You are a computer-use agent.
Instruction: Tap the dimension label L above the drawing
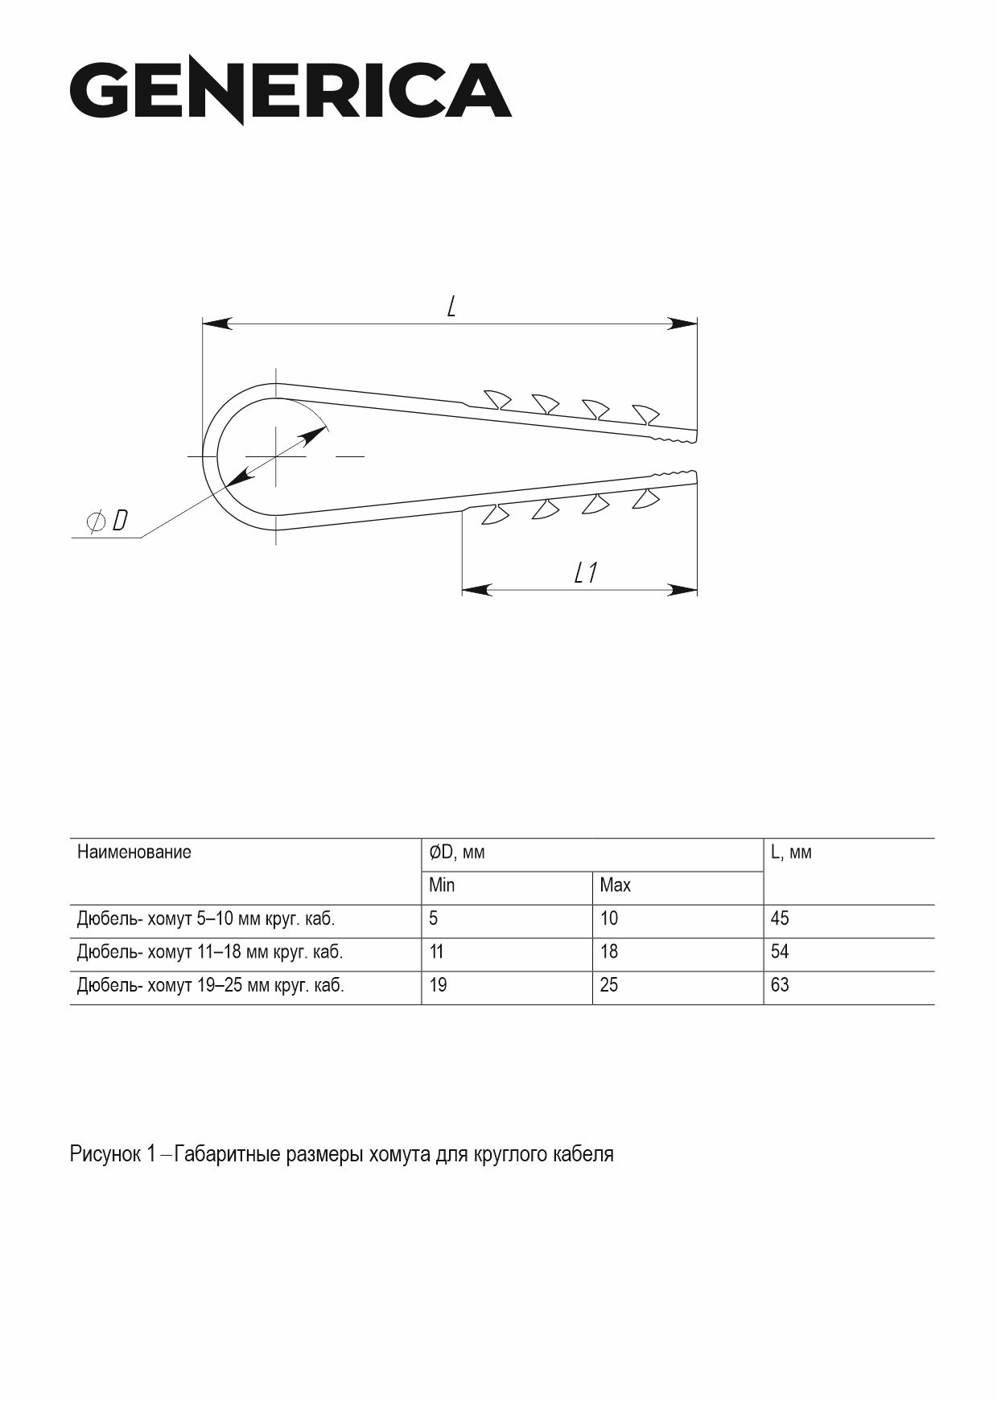(451, 306)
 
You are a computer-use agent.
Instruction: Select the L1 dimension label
(586, 573)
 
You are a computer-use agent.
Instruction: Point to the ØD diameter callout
(107, 522)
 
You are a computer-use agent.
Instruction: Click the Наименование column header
(134, 852)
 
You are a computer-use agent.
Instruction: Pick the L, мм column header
(791, 852)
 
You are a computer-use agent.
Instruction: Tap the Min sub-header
(442, 885)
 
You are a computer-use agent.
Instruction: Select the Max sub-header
(615, 885)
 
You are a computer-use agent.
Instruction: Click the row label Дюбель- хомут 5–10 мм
(205, 919)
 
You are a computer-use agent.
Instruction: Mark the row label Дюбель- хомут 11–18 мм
(209, 952)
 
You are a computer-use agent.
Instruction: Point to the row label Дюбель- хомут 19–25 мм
(210, 985)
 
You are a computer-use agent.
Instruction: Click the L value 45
(780, 919)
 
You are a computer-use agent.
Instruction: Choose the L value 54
(780, 952)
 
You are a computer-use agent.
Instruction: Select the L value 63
(780, 985)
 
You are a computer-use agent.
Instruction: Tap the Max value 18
(609, 952)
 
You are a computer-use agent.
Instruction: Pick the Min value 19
(438, 985)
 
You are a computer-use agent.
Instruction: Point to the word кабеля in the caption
(584, 1155)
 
